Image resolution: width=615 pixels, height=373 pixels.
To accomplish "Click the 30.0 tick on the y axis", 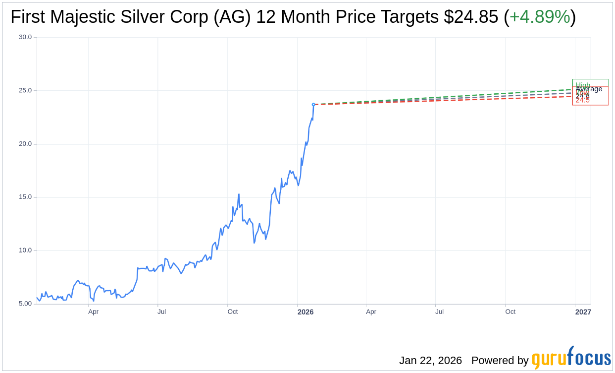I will [25, 37].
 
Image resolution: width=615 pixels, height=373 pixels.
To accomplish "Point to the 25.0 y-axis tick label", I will [25, 90].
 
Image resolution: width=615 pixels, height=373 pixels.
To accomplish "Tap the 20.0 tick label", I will [25, 144].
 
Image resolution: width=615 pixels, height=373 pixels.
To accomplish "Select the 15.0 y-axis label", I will [25, 197].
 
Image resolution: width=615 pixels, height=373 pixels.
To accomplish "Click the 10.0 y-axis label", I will [25, 250].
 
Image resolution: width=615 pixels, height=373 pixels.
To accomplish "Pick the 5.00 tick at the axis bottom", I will [25, 304].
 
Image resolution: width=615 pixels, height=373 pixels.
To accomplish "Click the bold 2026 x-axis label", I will [305, 312].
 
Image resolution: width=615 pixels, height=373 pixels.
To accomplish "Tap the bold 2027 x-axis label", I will [583, 312].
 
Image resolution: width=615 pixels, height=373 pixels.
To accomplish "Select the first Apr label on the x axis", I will [93, 312].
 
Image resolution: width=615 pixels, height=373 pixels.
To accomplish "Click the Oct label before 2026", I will [232, 312].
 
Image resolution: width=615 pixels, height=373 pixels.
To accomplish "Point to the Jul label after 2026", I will [439, 312].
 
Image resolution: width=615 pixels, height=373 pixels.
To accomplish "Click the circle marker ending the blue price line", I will [313, 105].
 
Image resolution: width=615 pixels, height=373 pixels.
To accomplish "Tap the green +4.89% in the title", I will [540, 17].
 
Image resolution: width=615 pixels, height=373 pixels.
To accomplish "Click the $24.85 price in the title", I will [471, 17].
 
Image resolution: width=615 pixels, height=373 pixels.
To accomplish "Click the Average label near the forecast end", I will [589, 89].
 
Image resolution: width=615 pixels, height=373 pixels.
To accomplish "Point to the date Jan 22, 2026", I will [430, 361].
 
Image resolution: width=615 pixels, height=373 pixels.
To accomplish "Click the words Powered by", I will [500, 361].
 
